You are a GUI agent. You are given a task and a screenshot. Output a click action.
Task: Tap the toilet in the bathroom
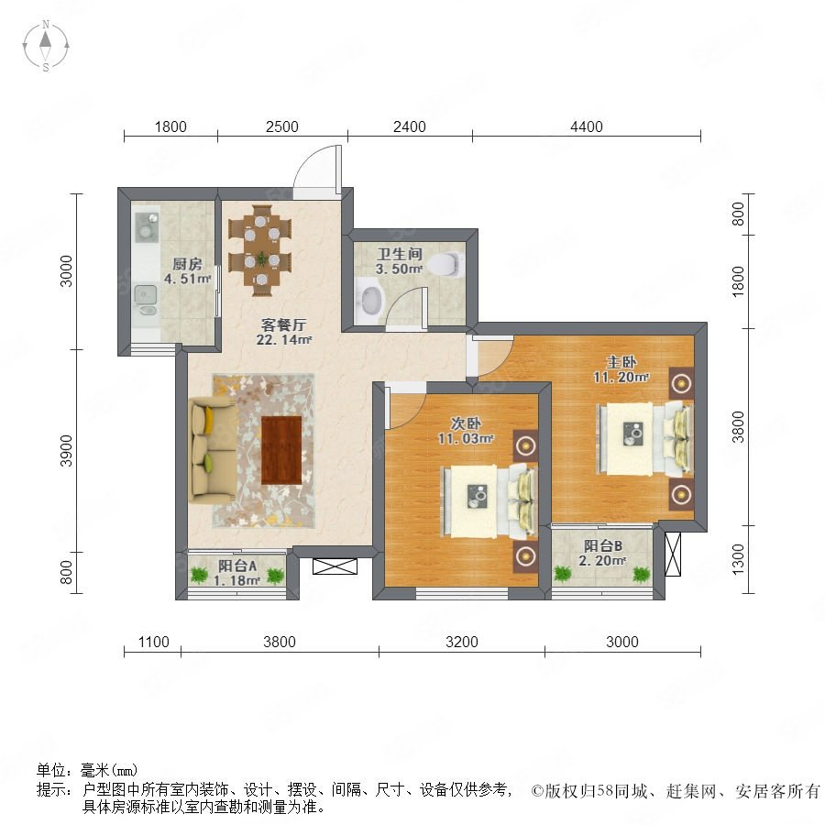click(447, 264)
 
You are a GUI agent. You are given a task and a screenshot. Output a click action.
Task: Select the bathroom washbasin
click(371, 300)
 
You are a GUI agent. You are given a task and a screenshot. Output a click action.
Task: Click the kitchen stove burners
click(147, 226)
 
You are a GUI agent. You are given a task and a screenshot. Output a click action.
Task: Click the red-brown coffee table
click(281, 450)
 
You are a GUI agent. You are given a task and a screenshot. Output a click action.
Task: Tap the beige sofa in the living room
click(211, 451)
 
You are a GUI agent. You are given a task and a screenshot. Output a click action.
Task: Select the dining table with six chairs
click(260, 250)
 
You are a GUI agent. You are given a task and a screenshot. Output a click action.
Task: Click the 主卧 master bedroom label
click(621, 362)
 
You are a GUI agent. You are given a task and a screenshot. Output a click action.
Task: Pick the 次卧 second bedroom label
click(467, 423)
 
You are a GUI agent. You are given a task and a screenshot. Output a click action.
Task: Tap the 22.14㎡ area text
click(284, 340)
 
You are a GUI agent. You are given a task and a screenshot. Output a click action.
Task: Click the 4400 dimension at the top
click(587, 126)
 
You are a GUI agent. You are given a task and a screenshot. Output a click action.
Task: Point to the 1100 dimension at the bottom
click(154, 642)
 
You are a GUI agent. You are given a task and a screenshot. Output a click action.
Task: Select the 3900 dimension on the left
click(66, 451)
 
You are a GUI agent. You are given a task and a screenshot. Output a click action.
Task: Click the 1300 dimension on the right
click(738, 559)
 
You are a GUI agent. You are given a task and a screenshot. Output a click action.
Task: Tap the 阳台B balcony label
click(603, 546)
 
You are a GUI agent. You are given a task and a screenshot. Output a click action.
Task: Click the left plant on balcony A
click(199, 575)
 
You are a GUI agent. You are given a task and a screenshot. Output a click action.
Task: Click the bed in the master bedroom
click(644, 439)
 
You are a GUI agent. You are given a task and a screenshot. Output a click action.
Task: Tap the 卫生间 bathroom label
click(400, 254)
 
